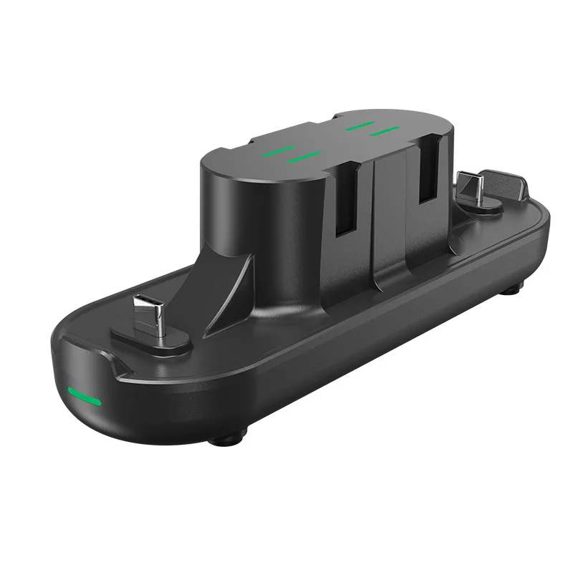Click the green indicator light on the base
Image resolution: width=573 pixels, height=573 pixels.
click(84, 394)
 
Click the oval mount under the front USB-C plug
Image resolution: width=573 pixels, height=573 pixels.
click(150, 338)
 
